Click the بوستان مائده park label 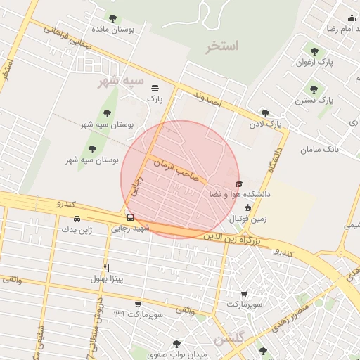coord(131,30)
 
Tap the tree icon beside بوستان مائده coord(112,19)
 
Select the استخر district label coord(223,47)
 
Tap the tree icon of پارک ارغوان coord(314,51)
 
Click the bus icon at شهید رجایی coord(130,217)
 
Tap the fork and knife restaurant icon coord(107,268)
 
